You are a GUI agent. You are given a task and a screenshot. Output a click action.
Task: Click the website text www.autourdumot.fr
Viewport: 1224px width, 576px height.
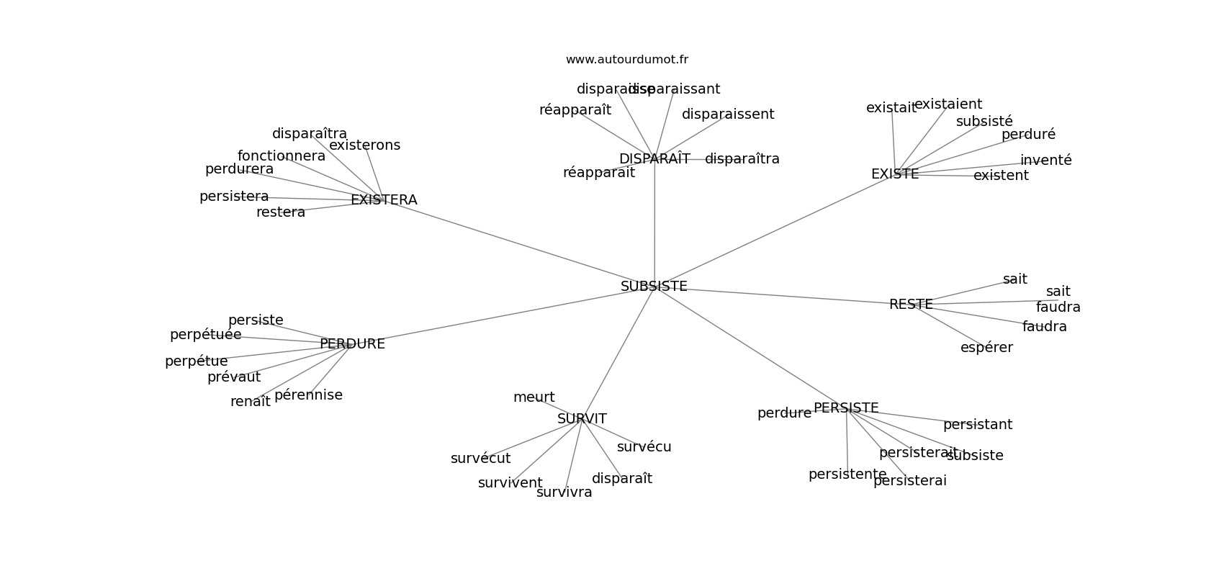(626, 60)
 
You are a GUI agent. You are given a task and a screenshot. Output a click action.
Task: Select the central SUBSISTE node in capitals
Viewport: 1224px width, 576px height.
(654, 287)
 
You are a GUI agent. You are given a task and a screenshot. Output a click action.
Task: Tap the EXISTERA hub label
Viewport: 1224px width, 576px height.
(384, 200)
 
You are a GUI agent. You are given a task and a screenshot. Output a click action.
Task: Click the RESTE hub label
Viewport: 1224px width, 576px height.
(911, 305)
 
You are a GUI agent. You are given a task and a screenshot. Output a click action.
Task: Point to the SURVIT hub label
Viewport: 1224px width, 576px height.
(582, 419)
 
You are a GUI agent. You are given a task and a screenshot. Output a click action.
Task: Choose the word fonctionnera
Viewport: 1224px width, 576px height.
(282, 156)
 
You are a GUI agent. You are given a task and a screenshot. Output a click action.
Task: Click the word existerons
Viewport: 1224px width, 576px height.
(364, 145)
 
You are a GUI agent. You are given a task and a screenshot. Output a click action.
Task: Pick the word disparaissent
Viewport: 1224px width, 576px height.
(728, 114)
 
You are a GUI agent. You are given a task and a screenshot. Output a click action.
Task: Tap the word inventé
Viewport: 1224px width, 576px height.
(1045, 161)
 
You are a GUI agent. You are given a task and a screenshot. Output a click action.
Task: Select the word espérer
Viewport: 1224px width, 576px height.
(986, 348)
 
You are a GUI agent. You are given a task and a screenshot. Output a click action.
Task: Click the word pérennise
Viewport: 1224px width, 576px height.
(308, 395)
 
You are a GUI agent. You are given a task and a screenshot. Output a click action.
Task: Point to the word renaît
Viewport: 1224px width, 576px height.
(251, 402)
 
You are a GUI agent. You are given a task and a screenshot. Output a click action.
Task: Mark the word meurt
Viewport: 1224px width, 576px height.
(534, 397)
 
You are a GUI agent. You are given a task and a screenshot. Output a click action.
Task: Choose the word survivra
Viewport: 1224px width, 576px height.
(564, 492)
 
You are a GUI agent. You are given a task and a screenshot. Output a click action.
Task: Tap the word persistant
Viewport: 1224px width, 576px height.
(977, 425)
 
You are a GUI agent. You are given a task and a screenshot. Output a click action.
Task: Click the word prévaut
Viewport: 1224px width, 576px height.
(234, 377)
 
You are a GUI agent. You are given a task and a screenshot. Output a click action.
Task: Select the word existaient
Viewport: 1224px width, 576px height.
(948, 104)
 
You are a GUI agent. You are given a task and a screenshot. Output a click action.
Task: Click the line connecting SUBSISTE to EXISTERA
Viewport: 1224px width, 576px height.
(518, 243)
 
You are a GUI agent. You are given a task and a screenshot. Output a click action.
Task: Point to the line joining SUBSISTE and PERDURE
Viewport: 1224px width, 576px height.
(504, 315)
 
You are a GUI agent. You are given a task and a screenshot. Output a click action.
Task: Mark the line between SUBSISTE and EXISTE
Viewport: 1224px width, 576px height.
(774, 230)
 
